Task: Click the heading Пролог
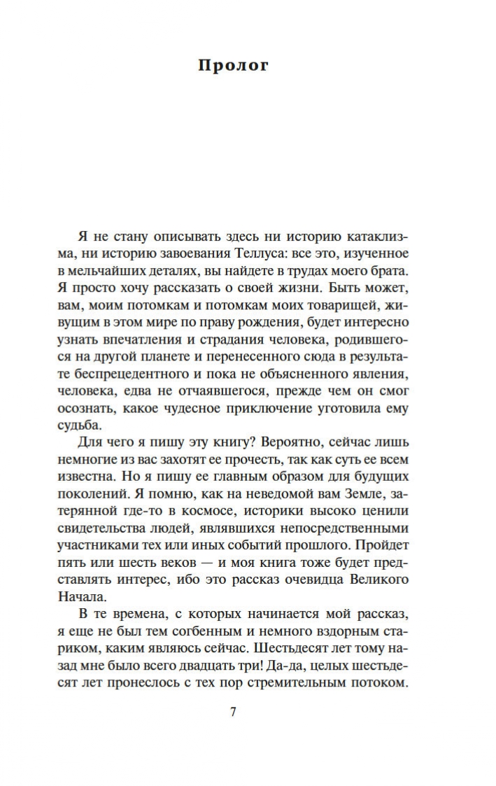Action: (x=234, y=66)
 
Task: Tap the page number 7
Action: (x=234, y=713)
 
